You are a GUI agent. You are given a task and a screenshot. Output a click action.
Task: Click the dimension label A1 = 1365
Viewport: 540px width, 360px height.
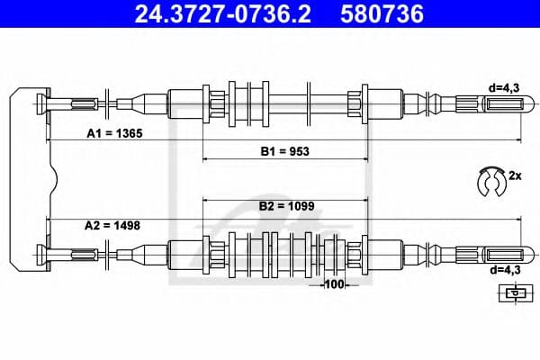(x=115, y=132)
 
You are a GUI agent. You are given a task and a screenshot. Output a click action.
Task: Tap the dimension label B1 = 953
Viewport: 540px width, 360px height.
(x=285, y=151)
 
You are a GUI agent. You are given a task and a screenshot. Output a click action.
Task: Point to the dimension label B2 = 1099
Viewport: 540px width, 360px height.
(x=285, y=206)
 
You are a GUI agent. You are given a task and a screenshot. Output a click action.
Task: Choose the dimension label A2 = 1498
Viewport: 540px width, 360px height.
(x=115, y=226)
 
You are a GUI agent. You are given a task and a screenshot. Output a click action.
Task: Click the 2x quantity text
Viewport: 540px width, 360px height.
(x=515, y=176)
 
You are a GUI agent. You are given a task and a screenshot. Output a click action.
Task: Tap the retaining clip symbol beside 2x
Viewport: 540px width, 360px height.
(x=490, y=180)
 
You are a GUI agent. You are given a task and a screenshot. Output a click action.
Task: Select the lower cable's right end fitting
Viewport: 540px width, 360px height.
(x=499, y=253)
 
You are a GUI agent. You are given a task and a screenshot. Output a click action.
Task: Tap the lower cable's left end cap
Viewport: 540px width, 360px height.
(x=40, y=253)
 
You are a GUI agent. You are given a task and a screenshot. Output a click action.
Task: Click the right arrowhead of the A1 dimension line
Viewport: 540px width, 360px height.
(x=519, y=140)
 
